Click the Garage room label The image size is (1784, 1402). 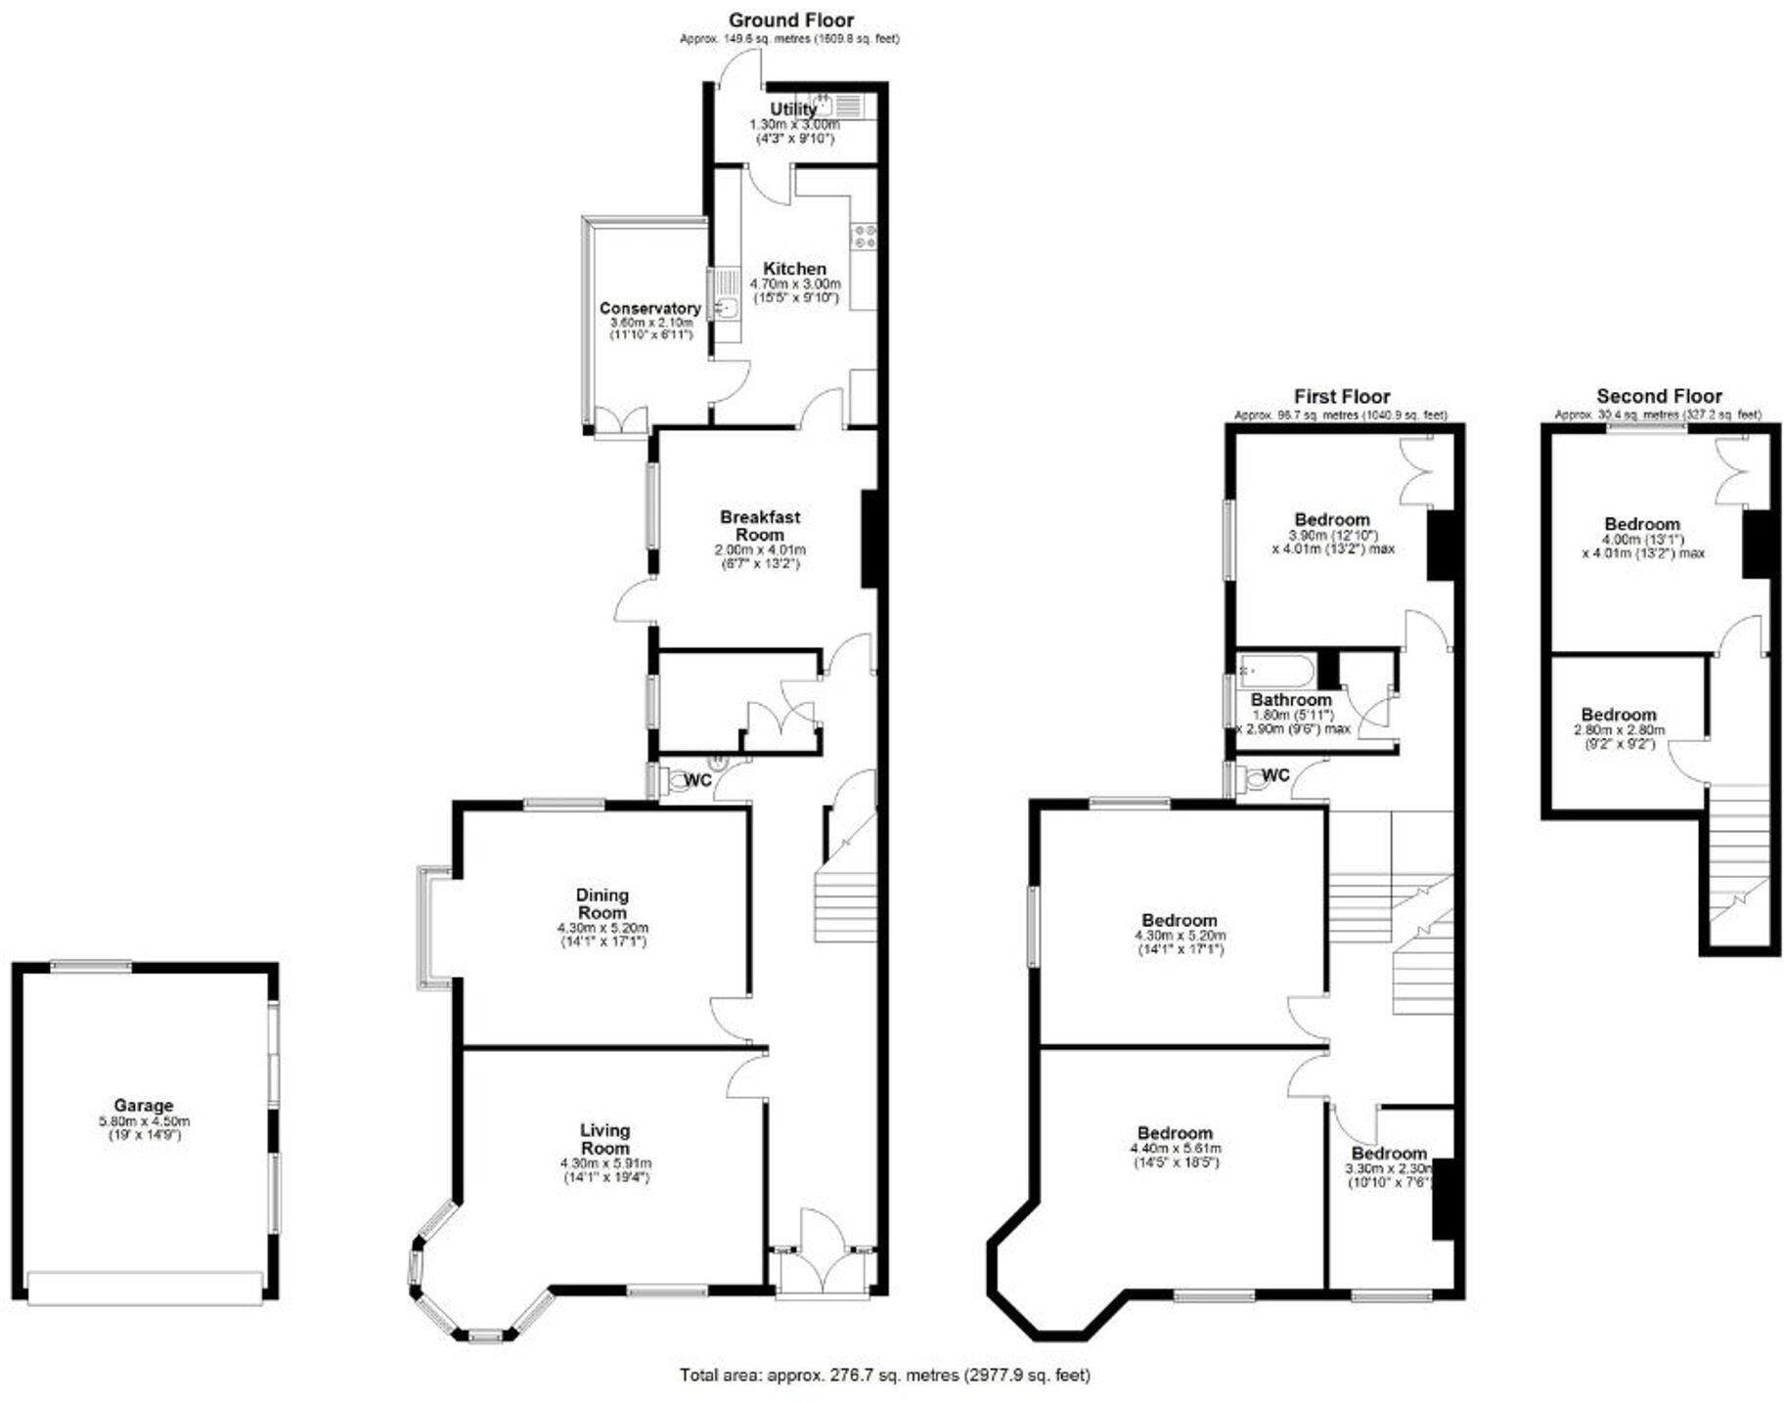[x=143, y=1106]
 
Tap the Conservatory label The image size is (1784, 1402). [x=649, y=308]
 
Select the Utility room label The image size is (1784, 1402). [x=792, y=110]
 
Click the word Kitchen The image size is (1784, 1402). [x=794, y=269]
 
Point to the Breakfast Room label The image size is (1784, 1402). [x=760, y=526]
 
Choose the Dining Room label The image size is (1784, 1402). [x=602, y=903]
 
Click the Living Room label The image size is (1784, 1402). [x=605, y=1139]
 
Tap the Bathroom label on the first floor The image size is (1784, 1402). [x=1291, y=700]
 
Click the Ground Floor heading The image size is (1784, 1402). [x=790, y=20]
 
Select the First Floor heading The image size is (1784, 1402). [x=1341, y=396]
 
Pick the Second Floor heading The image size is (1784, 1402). [x=1659, y=396]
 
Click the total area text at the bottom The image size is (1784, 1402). [x=884, y=1375]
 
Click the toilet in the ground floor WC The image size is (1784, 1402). [x=676, y=780]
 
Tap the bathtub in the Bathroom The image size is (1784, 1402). [x=1275, y=672]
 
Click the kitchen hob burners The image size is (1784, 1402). [x=865, y=236]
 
